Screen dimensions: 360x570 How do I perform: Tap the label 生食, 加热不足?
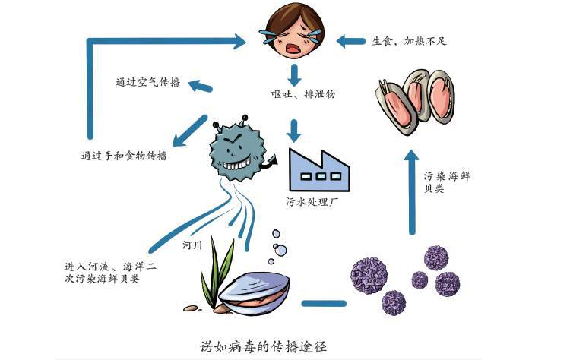(x=409, y=40)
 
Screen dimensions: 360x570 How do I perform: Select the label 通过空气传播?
(x=147, y=82)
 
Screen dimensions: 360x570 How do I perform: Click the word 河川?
(x=192, y=245)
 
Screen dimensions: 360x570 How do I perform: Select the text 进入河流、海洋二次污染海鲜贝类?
(x=111, y=273)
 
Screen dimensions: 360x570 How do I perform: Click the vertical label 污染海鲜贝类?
(x=438, y=182)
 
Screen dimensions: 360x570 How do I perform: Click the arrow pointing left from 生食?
(x=350, y=40)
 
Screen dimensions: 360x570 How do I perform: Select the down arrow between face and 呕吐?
(x=294, y=74)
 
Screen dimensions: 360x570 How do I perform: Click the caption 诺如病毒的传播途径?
(x=262, y=344)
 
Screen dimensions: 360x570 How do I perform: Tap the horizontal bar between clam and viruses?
(x=324, y=303)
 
